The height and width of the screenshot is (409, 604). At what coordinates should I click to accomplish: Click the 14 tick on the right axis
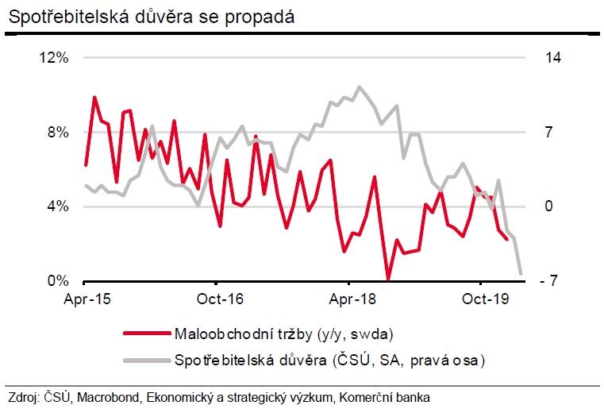point(552,58)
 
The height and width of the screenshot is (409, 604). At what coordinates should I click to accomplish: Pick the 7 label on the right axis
point(548,133)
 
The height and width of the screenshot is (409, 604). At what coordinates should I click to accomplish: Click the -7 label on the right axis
point(552,281)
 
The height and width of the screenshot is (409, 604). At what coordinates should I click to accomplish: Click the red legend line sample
point(148,332)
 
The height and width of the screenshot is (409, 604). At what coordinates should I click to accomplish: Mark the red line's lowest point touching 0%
point(388,280)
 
